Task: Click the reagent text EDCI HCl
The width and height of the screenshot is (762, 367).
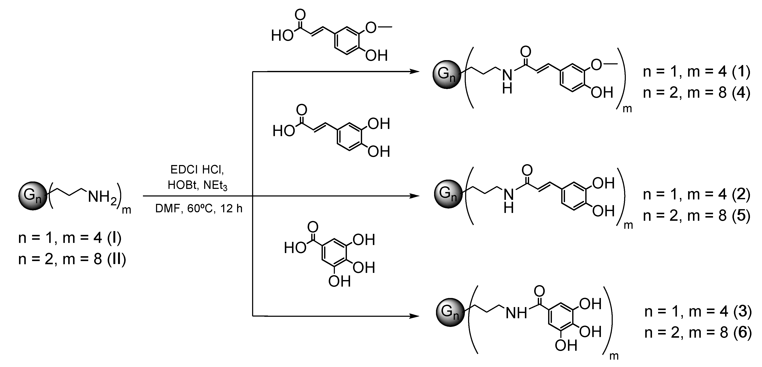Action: tap(197, 170)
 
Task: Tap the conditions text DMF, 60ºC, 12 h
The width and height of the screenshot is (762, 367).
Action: tap(199, 209)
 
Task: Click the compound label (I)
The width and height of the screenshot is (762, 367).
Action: tap(114, 238)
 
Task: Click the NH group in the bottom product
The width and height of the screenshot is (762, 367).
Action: tap(516, 313)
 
